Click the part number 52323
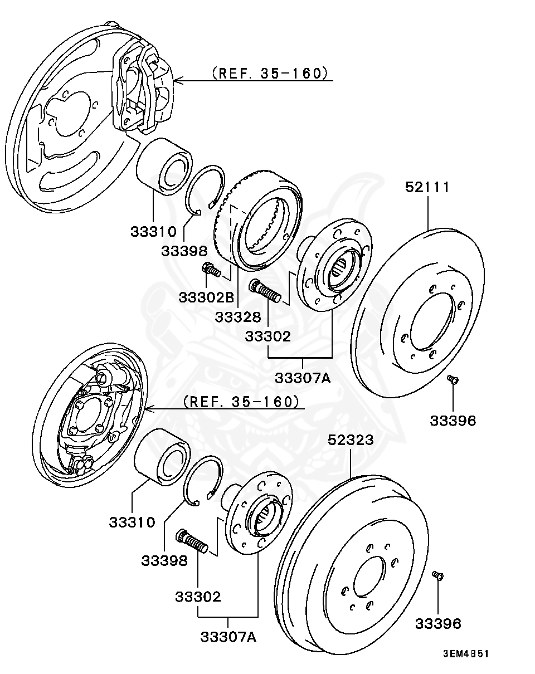(350, 440)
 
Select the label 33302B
(206, 297)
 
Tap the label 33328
(238, 317)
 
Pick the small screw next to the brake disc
(453, 380)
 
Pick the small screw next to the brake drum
(437, 575)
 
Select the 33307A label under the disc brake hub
(303, 378)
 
